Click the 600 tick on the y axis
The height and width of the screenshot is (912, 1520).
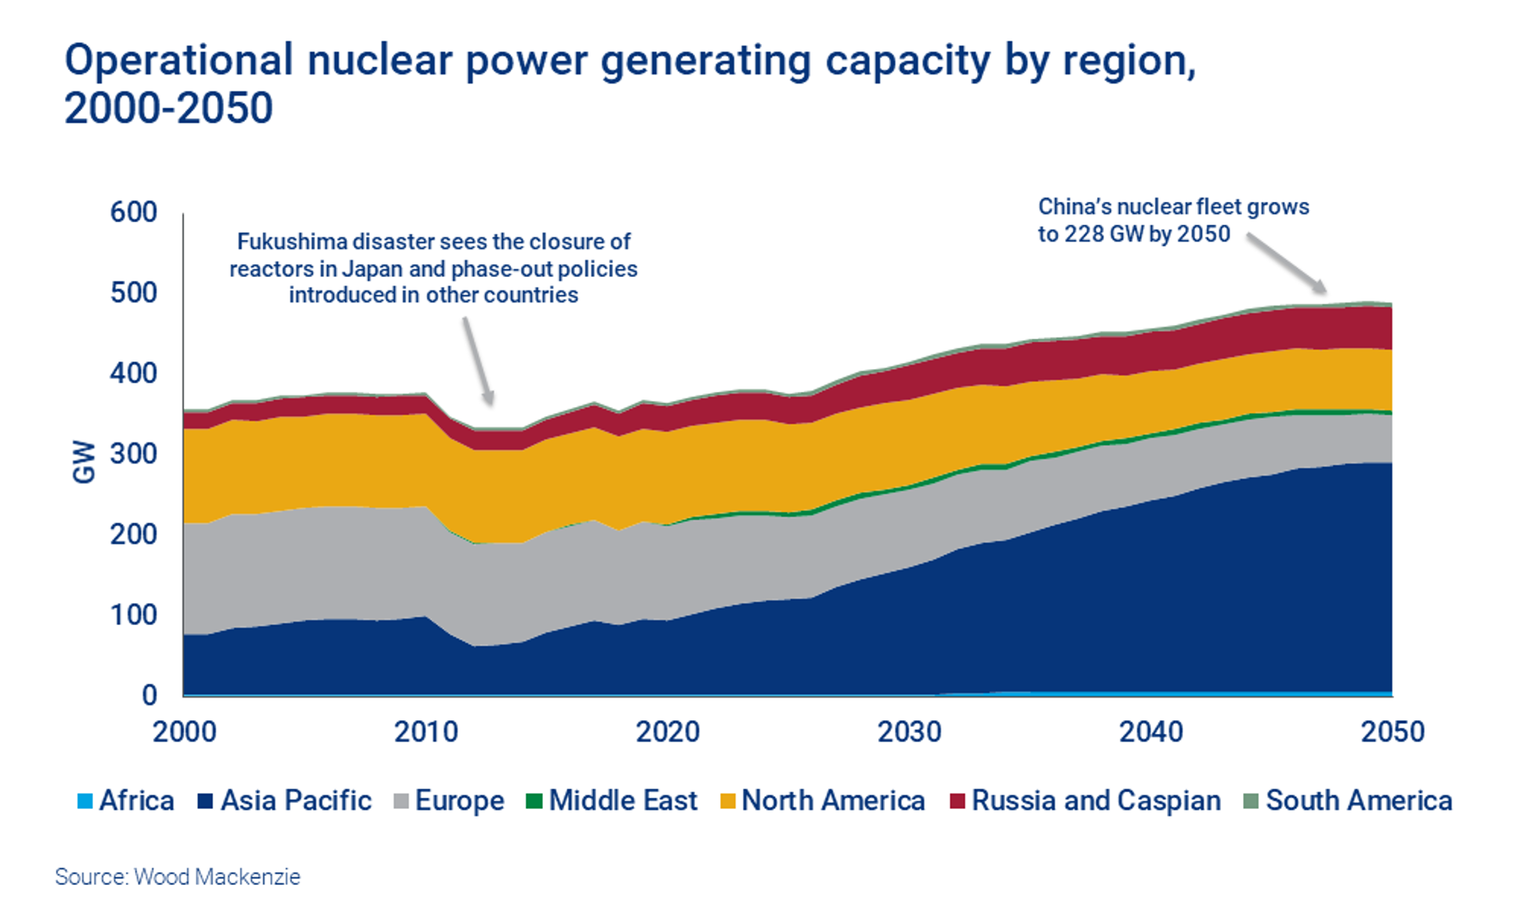coord(133,212)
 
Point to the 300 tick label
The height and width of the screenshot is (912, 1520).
coord(133,453)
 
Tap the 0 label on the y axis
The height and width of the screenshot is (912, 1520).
coord(149,695)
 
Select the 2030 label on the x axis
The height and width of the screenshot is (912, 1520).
coord(909,731)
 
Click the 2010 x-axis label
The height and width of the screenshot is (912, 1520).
coord(426,731)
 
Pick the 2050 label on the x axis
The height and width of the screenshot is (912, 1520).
coord(1392,731)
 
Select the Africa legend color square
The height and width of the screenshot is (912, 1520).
coord(84,801)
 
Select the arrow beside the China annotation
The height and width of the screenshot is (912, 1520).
coord(1286,264)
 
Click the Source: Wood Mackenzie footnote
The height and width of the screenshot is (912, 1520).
coord(177,877)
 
